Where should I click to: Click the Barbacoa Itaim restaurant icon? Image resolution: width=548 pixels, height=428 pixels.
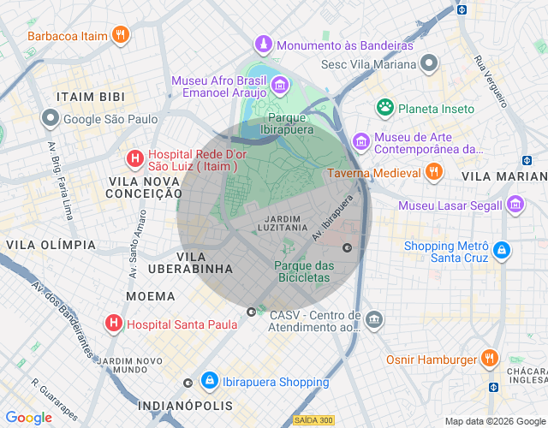tap(122, 35)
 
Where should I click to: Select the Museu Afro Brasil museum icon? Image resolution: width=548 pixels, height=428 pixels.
tap(279, 85)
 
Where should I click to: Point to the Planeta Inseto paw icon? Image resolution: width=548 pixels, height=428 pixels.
tap(385, 108)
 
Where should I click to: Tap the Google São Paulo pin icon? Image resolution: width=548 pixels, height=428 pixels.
tap(51, 118)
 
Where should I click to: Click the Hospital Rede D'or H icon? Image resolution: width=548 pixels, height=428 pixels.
tap(134, 158)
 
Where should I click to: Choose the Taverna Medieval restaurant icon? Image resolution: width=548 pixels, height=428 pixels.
tap(434, 172)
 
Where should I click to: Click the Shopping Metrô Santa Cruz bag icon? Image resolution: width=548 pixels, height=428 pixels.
tap(502, 252)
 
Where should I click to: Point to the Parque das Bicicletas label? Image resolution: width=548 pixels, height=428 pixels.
tap(302, 271)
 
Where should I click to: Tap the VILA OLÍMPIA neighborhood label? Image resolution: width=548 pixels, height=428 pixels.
tap(51, 245)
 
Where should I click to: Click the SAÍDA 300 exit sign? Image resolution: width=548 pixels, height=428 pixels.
tap(313, 419)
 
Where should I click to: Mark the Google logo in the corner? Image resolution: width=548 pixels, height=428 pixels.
tap(29, 417)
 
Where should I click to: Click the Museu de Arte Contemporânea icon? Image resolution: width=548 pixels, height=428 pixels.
tap(361, 140)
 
